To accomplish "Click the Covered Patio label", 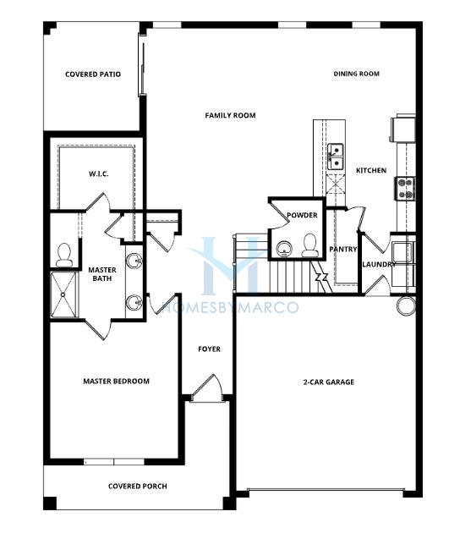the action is coord(93,74).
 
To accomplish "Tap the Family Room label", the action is coord(230,115).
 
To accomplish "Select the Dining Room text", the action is coord(356,74).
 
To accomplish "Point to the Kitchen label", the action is coord(371,170).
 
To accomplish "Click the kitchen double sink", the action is coord(335,157).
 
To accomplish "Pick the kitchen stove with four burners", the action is coord(405,189).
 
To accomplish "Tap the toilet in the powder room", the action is coord(309,245).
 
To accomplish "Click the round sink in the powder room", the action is coord(284,249).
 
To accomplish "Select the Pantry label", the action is coord(343,249).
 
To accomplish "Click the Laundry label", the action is coord(379,264).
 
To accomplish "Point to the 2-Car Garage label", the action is coord(329,382).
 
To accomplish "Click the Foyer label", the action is coord(210,349).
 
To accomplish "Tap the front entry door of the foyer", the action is coord(207,388).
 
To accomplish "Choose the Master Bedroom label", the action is coord(117,382).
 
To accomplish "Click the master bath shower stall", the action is coord(63,294).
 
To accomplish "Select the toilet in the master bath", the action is coord(63,255).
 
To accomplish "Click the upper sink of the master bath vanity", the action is coord(134,261).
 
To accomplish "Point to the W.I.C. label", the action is coord(99,174).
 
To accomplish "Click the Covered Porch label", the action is coord(138,487).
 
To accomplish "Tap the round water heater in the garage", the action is coord(407,305).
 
